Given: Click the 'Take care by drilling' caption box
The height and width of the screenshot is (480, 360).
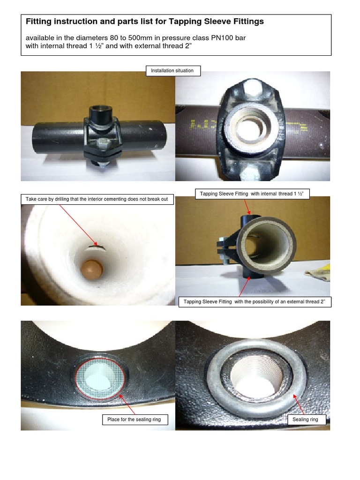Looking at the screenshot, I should click(97, 200).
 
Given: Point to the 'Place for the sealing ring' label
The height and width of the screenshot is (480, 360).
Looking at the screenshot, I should click(134, 420).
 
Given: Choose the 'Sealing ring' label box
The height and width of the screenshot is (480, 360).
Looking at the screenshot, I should click(305, 420).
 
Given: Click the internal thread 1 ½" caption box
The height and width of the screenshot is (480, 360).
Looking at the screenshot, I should click(252, 194).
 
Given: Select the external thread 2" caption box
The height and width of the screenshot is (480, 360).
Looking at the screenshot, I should click(255, 301).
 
